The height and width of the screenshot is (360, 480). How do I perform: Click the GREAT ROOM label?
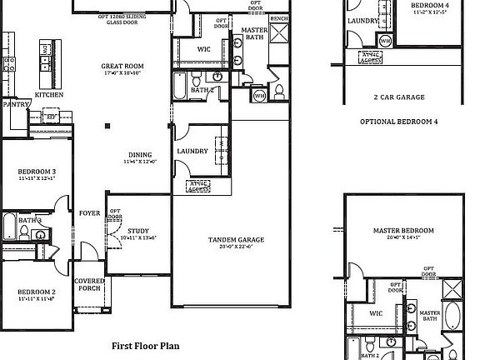(x=122, y=66)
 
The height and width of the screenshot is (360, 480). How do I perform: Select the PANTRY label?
(x=16, y=105)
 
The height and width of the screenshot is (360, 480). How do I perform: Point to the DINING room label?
(x=139, y=153)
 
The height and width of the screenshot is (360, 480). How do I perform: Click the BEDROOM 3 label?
(x=37, y=171)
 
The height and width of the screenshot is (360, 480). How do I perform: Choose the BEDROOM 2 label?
(x=37, y=292)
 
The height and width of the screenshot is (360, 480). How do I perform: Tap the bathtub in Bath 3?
(x=9, y=226)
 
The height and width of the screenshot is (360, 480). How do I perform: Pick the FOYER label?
(x=89, y=213)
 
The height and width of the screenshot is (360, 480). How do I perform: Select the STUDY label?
(x=138, y=231)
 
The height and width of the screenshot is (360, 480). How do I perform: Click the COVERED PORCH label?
(x=89, y=286)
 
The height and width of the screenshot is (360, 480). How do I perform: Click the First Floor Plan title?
(x=145, y=344)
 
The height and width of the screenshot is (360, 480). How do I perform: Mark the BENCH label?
(x=280, y=17)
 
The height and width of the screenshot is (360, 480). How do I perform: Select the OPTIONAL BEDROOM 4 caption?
(x=398, y=121)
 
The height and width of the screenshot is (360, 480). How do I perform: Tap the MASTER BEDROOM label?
(x=404, y=231)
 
